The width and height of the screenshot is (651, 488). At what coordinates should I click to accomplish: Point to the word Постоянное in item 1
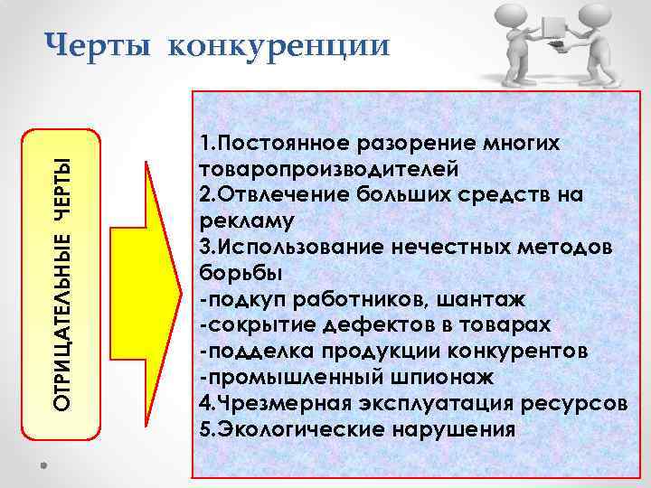(x=290, y=145)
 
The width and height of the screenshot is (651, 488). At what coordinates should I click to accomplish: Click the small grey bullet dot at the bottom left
(x=43, y=465)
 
